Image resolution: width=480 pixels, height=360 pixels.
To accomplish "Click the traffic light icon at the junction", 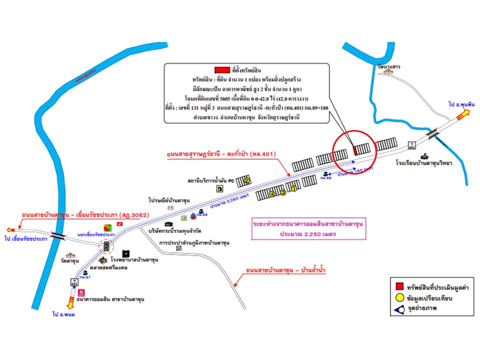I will click(105, 246).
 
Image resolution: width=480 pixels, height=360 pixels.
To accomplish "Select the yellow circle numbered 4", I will click(272, 193).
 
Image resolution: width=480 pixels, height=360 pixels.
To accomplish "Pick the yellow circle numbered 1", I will click(294, 189).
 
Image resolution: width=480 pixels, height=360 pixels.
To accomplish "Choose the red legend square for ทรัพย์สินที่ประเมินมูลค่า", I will click(399, 287).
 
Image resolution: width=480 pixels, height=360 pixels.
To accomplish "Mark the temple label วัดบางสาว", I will click(389, 66).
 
